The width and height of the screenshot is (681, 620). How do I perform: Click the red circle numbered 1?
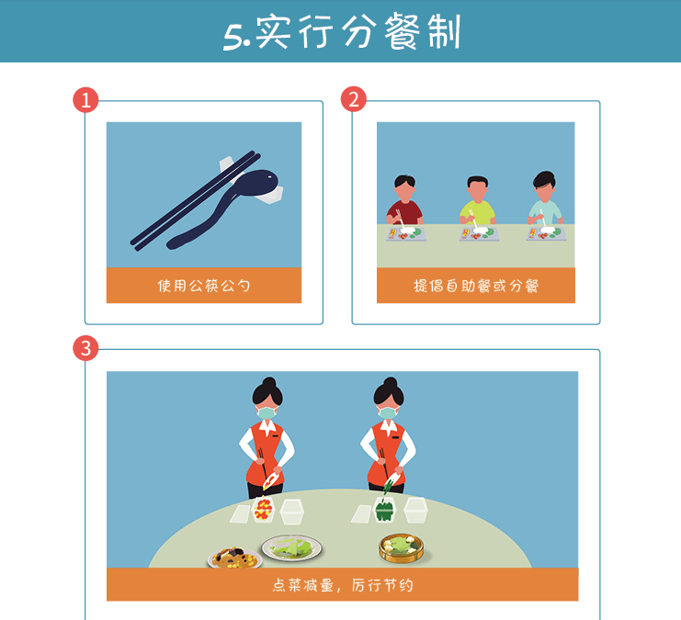point(85,100)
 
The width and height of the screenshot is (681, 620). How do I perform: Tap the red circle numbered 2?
point(354,99)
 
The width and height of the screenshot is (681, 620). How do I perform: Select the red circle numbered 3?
point(85,348)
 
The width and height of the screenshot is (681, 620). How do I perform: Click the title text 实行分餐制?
point(358,32)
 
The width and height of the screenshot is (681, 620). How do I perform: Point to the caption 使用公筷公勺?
point(204,286)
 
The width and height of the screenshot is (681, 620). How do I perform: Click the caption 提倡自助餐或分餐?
point(476,286)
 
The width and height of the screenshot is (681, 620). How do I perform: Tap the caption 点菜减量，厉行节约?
point(343,585)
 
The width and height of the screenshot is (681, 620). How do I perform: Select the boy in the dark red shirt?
point(404,199)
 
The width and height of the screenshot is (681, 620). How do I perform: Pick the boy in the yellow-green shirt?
point(477,200)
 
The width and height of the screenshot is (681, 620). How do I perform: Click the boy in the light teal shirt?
point(545,198)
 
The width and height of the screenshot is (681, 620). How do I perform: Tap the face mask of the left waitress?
point(267,412)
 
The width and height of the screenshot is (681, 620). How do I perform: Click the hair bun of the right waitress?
point(390,382)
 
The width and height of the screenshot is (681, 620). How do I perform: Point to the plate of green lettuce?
point(292,548)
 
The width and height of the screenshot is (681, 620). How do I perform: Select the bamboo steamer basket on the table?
point(402,548)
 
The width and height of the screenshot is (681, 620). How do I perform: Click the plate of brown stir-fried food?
point(235,558)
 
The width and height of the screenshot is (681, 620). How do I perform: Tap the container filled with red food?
point(263,510)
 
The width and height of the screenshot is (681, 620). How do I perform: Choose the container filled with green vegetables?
point(385,509)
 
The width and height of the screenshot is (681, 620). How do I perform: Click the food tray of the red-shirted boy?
point(406,233)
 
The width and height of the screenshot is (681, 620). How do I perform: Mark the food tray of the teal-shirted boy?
point(547,233)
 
